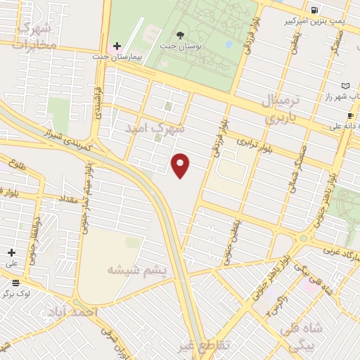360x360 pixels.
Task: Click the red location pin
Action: [x=181, y=165]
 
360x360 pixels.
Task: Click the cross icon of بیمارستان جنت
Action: [x=117, y=45]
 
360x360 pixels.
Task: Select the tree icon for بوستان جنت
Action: [x=181, y=34]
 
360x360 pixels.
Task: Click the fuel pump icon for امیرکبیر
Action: [x=314, y=10]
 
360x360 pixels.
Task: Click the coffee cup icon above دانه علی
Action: [x=349, y=115]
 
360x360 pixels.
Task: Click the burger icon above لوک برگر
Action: [x=15, y=283]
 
